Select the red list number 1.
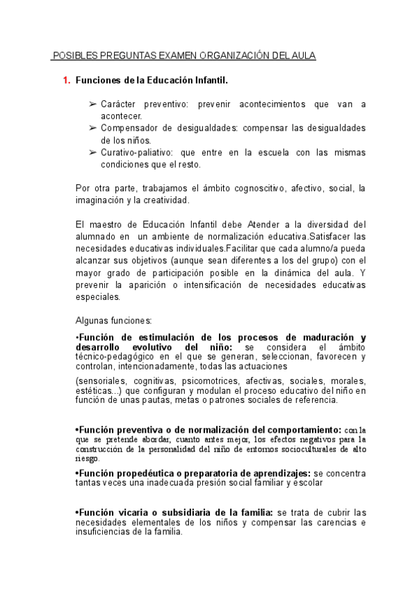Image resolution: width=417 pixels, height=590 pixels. pyautogui.click(x=66, y=81)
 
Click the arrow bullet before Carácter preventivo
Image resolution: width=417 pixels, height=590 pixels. pyautogui.click(x=93, y=104)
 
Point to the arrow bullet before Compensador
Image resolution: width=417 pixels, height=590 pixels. pyautogui.click(x=93, y=129)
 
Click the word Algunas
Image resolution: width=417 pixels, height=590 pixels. pyautogui.click(x=92, y=320)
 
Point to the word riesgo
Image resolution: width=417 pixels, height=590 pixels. pyautogui.click(x=87, y=459)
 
